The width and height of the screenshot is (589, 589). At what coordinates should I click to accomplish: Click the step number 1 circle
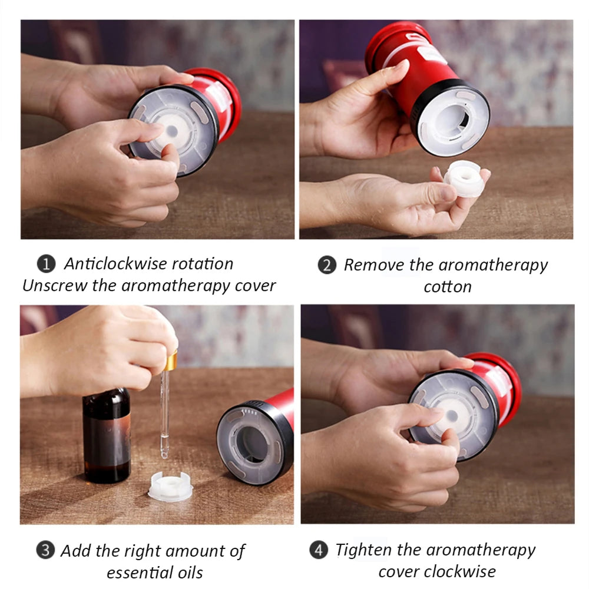coord(46,264)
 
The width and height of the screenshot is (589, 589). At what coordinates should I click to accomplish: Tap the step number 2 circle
coord(327,265)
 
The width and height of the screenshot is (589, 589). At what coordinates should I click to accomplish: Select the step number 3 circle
coord(45,550)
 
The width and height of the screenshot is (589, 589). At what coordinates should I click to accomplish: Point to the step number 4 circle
coord(319,550)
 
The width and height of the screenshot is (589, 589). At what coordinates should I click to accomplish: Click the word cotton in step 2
coord(448,287)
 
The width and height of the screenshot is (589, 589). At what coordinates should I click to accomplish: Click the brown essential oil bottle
coord(107,436)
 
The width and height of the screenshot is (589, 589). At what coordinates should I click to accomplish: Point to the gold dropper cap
coord(170,360)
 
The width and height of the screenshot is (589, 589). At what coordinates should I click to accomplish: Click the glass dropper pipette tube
coord(164,414)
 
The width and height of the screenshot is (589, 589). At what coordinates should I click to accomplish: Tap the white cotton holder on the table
coord(170,487)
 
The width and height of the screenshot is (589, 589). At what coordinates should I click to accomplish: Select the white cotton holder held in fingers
coord(464,178)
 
